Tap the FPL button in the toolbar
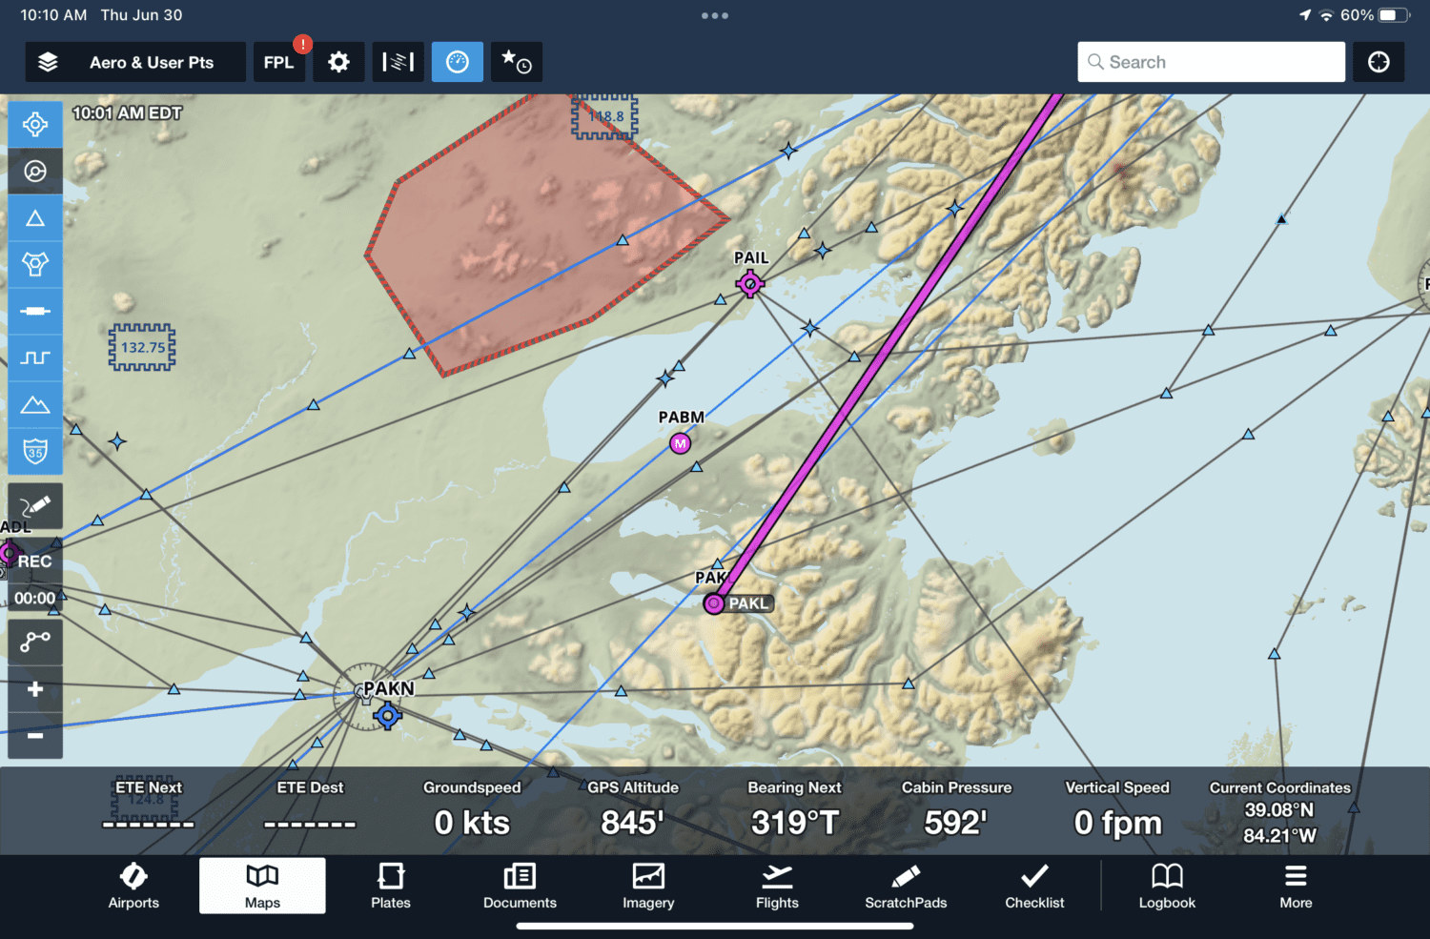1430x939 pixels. (278, 63)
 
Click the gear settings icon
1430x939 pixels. (338, 63)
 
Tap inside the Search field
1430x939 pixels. (1211, 62)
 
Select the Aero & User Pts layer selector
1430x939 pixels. (135, 63)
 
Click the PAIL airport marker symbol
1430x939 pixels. (750, 283)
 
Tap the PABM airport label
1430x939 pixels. (681, 418)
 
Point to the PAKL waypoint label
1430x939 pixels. (748, 603)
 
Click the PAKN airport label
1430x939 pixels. (389, 688)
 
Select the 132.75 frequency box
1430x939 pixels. (142, 347)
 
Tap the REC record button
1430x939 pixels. (35, 561)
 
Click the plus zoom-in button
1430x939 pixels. (35, 689)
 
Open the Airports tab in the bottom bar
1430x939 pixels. (133, 887)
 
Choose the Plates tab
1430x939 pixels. (391, 887)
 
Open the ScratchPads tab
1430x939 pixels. (906, 887)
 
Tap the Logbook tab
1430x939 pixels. (1167, 887)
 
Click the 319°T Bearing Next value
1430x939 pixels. (794, 823)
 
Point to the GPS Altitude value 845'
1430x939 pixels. (632, 823)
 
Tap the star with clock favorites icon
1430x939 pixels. (517, 63)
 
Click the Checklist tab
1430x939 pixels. (1034, 887)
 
